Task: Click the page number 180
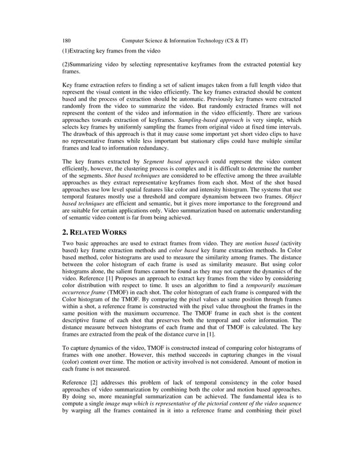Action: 65,41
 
